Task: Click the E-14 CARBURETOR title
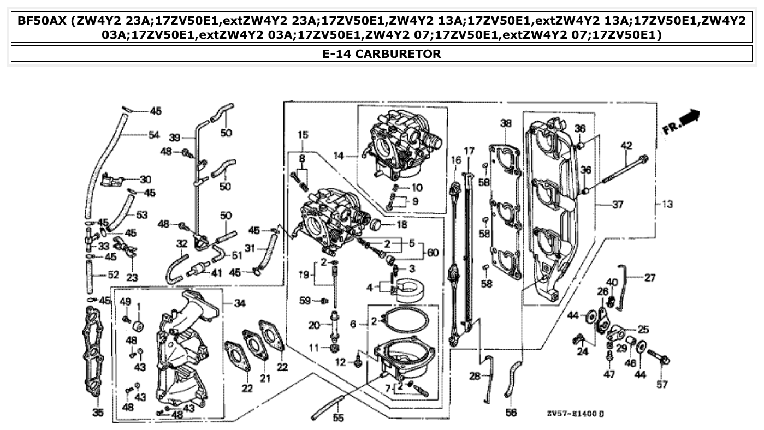tap(382, 53)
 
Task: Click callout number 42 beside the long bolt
tap(626, 145)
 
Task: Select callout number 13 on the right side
tap(667, 204)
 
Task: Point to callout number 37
tap(617, 205)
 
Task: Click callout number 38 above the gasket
tap(506, 123)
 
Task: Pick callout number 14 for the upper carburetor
tap(339, 156)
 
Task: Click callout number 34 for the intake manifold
tap(240, 303)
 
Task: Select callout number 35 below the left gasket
tap(97, 413)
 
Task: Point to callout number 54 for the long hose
tap(154, 135)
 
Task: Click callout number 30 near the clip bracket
tap(145, 180)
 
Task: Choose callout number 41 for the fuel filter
tap(216, 272)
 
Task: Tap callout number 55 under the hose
tap(339, 419)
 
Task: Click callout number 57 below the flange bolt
tap(662, 384)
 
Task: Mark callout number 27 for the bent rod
tap(649, 278)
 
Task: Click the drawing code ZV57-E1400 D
tap(575, 413)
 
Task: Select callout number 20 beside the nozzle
tap(313, 325)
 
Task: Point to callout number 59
tap(305, 300)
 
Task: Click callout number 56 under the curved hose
tap(511, 413)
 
